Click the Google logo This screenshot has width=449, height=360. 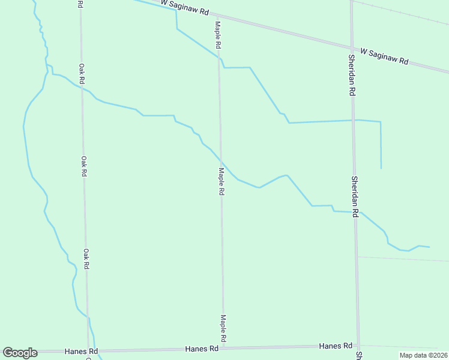[20, 353]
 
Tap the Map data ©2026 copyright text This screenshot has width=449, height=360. [423, 355]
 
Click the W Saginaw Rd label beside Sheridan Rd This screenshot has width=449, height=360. [384, 57]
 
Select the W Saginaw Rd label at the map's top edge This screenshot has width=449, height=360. [185, 7]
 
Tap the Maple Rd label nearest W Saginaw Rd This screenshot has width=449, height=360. [218, 35]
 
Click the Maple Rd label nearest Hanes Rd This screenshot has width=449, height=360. [223, 329]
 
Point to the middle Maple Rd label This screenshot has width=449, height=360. [221, 181]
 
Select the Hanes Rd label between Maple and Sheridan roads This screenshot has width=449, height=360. [336, 346]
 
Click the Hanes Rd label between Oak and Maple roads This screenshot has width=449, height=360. [201, 349]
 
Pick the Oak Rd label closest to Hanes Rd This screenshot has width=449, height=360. [86, 259]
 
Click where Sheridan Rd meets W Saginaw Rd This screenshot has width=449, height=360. [352, 48]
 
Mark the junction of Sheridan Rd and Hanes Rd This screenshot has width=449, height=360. [359, 346]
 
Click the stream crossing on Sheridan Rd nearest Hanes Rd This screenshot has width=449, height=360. [355, 212]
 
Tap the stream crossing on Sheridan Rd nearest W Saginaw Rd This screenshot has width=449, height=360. [354, 120]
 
